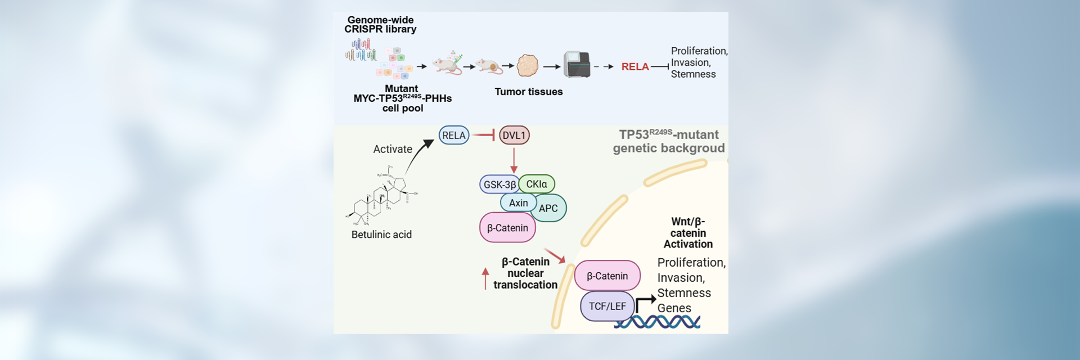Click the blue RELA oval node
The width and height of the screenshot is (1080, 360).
453,136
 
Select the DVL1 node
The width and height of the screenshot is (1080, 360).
514,136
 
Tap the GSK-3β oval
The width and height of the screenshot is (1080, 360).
499,184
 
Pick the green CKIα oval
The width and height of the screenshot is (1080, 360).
537,184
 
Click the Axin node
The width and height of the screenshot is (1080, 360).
518,203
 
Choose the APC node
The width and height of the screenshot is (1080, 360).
549,209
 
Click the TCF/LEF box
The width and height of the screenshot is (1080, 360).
607,307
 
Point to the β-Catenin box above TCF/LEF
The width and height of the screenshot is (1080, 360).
607,276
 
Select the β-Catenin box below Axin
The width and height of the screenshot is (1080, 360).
507,228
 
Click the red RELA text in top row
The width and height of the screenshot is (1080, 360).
635,67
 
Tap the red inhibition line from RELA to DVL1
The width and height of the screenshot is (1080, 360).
483,135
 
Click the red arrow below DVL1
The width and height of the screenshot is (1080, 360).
514,161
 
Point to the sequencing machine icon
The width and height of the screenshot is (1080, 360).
577,65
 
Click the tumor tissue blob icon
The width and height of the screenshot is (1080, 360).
528,66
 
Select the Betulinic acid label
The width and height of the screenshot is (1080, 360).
381,235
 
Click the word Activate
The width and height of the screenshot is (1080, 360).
393,149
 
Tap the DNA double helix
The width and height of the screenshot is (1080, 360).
657,322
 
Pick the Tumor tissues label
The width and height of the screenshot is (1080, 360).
528,92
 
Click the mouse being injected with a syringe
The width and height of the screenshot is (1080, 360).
448,64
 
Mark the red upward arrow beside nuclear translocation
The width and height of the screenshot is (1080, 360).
485,278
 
